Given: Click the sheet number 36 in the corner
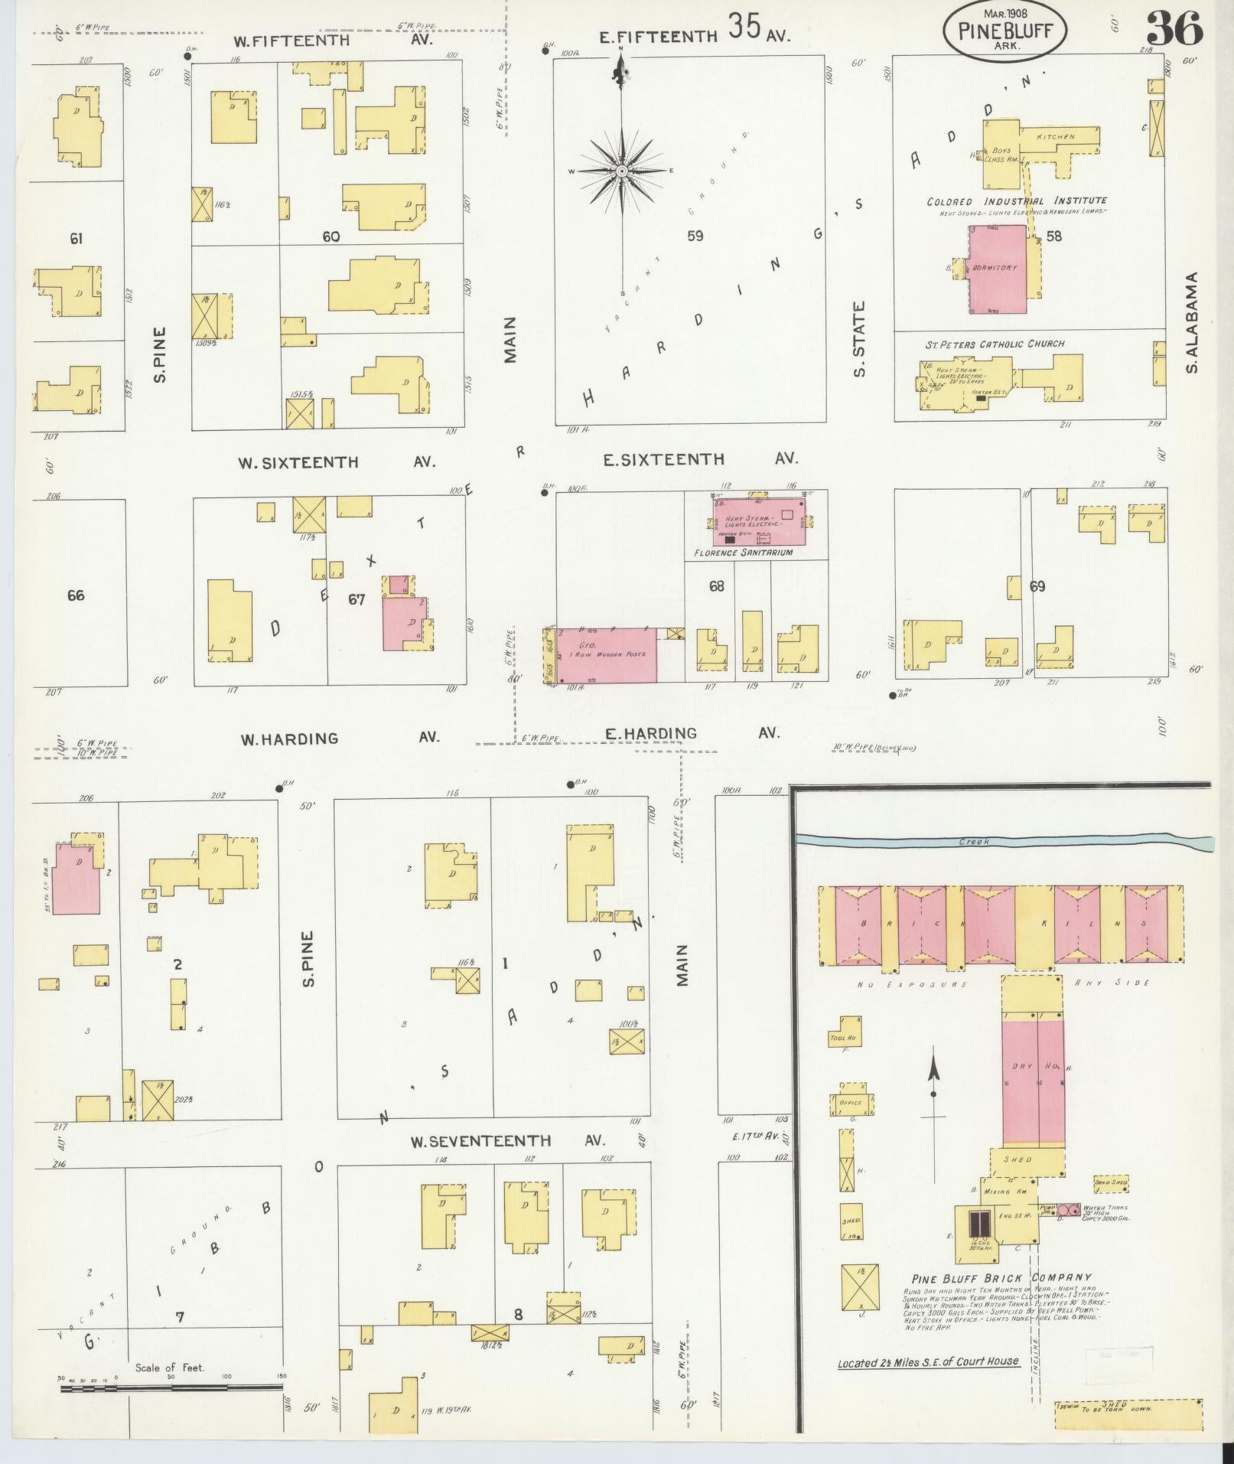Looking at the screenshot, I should pos(1174,31).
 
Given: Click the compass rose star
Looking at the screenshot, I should pos(621,170).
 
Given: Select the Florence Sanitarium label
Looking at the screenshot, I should pos(744,552).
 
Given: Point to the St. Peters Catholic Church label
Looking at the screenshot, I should pos(994,344).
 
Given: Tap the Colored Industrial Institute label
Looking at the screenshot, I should pos(1017,201).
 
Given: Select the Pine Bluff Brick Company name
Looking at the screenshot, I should pos(1001,1277).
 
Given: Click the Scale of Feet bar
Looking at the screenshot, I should pos(171,1386).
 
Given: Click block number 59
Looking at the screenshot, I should pos(694,236).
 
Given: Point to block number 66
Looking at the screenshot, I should pos(76,595).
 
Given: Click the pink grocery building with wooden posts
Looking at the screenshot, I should pos(607,655).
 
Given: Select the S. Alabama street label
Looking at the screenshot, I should pos(1191,323).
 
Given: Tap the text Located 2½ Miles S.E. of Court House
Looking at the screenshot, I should pos(928,1361).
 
